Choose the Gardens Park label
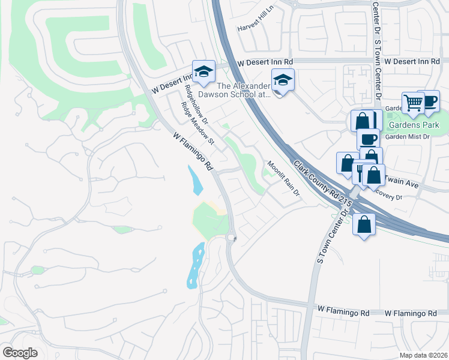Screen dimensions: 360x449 [x=414, y=125]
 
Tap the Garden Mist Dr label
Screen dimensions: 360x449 [x=408, y=137]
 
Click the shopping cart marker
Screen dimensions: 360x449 [x=413, y=103]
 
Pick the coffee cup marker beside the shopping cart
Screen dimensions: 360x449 [x=429, y=101]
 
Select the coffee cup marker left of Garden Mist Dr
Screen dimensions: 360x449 [x=368, y=139]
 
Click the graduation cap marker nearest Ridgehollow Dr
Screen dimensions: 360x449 [x=203, y=71]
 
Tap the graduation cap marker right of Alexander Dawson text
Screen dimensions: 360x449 [x=283, y=80]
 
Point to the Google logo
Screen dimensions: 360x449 [x=20, y=353]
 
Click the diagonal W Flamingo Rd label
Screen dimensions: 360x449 [x=193, y=150]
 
